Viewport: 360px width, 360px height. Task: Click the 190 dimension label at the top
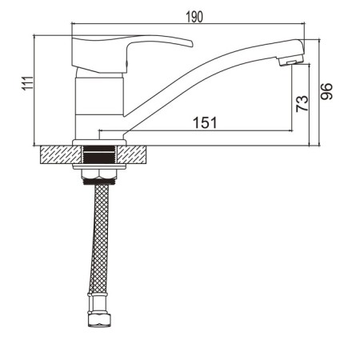coord(195,16)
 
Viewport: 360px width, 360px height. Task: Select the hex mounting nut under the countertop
coord(100,177)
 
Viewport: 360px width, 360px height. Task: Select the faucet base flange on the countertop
coord(100,142)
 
